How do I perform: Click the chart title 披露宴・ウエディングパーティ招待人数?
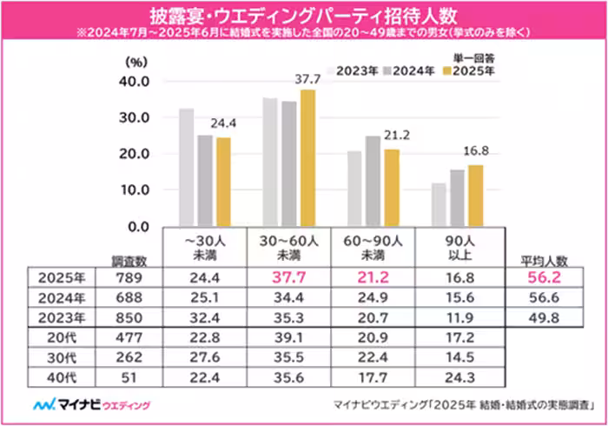point(303,16)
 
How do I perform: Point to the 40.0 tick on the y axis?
point(135,81)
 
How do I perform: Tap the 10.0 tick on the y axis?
point(135,190)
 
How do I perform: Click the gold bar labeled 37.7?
point(307,156)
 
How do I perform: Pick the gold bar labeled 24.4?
point(224,181)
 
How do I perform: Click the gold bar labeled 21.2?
point(391,187)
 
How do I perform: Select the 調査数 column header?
point(129,258)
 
